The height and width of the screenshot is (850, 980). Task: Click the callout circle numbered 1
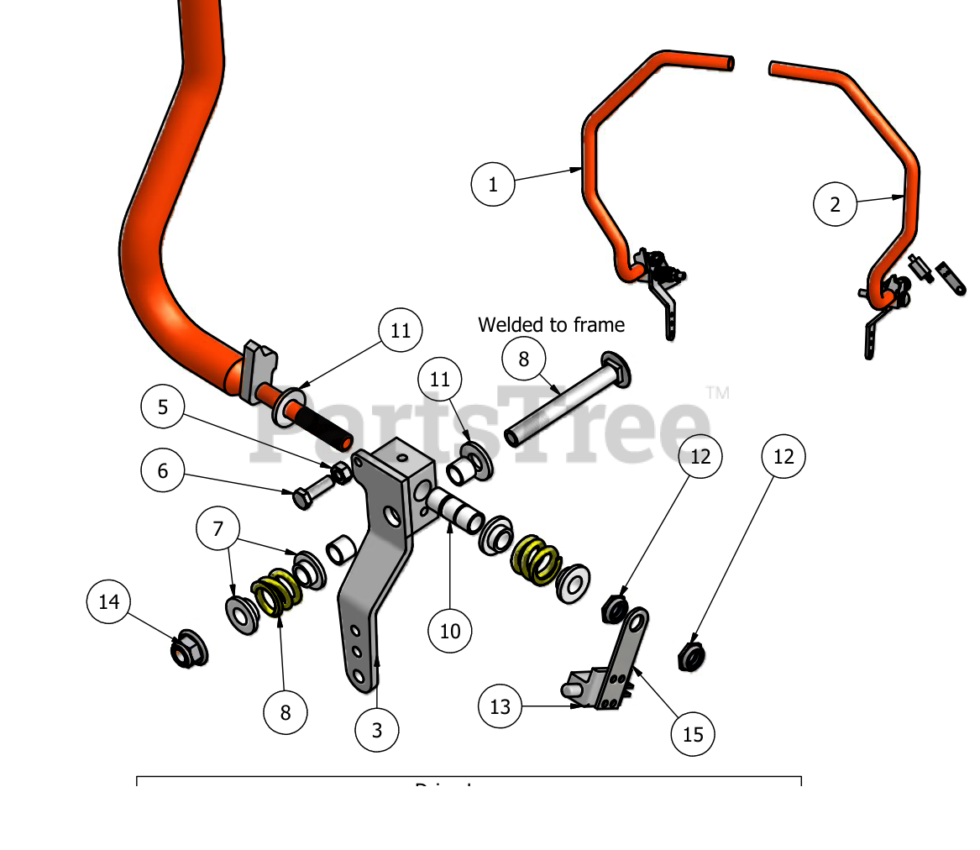(x=493, y=184)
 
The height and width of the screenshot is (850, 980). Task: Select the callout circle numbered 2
(x=835, y=204)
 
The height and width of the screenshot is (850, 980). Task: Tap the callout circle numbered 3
(x=376, y=731)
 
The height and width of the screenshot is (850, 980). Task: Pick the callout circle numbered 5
(x=163, y=407)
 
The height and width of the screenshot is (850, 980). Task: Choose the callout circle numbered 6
(x=163, y=471)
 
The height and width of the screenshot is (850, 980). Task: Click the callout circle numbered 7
(x=218, y=529)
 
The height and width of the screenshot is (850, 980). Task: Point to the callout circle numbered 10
(x=450, y=631)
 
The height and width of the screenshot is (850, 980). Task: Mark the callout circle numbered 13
(x=500, y=707)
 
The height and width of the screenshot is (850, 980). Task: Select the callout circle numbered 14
(x=109, y=602)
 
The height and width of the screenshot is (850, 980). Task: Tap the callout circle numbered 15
(x=693, y=735)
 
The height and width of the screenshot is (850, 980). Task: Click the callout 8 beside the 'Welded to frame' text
(x=524, y=359)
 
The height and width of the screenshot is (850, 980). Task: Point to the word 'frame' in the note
(x=600, y=324)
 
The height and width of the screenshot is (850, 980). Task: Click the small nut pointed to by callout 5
(x=341, y=474)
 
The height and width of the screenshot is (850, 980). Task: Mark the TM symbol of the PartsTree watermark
(x=717, y=392)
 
